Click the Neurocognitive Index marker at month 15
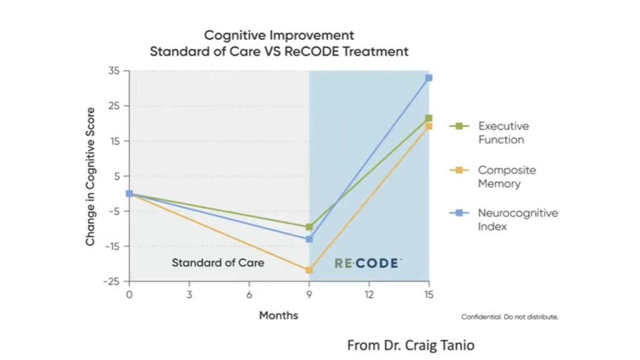(x=429, y=78)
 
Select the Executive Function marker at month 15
(x=429, y=118)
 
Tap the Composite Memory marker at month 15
(x=429, y=126)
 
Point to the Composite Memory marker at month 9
(x=309, y=270)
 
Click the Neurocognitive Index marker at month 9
(x=309, y=239)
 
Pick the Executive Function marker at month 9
(x=309, y=227)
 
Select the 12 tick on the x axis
(x=369, y=294)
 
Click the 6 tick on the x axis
(x=249, y=294)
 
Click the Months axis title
(x=279, y=316)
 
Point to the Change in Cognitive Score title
(x=91, y=176)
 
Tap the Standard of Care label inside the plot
(x=218, y=263)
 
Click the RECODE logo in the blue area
(x=367, y=263)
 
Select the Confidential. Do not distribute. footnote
(x=509, y=317)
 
